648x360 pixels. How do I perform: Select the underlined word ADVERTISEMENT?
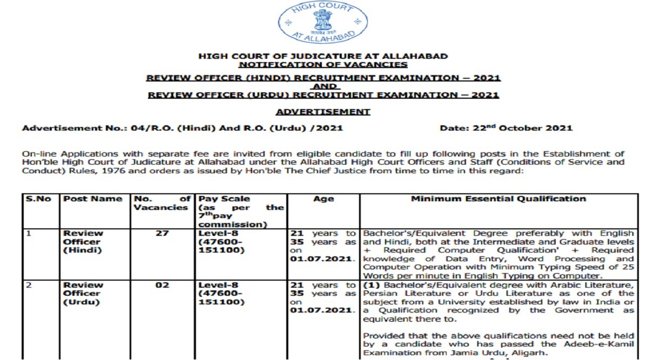(323, 112)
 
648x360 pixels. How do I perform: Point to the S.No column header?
(39, 199)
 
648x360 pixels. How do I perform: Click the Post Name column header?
(93, 199)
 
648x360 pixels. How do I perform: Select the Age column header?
(324, 199)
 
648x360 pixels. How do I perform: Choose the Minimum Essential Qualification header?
(498, 199)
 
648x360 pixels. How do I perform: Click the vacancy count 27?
(162, 233)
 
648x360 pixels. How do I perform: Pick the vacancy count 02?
(162, 285)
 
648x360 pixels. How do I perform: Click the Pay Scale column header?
(224, 199)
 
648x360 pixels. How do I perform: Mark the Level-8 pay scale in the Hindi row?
(217, 233)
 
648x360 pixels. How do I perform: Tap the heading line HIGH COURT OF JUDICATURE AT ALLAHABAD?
(323, 56)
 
